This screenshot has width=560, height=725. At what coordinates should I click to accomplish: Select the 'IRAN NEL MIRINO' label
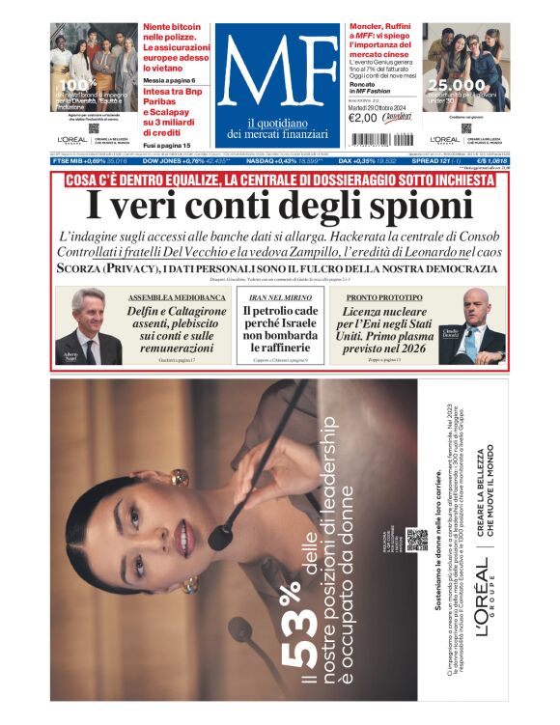tap(279, 298)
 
